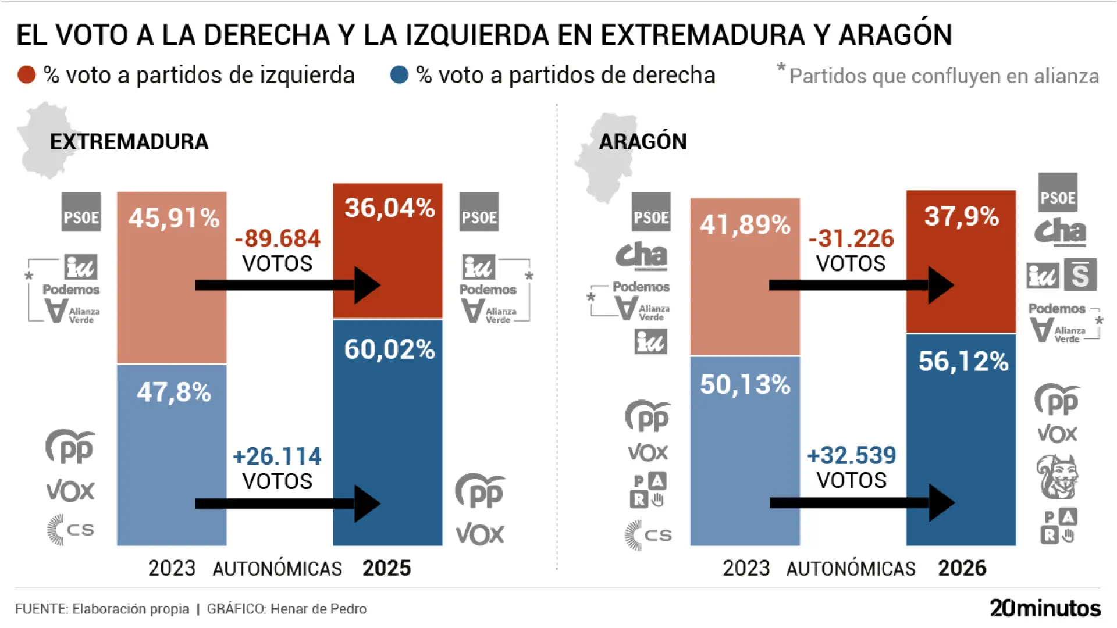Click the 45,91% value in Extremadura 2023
(x=173, y=218)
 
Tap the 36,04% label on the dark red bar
(x=389, y=208)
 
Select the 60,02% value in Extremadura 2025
(x=389, y=349)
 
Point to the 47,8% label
(x=173, y=392)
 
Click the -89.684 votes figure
(x=278, y=238)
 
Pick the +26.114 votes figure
(x=277, y=456)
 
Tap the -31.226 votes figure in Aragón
(x=851, y=238)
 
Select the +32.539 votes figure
(x=852, y=455)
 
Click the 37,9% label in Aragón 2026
(x=962, y=216)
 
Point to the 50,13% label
(x=745, y=384)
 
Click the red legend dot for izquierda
(x=27, y=75)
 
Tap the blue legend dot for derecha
(x=399, y=75)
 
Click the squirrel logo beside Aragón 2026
(x=1057, y=477)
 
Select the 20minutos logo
(x=1045, y=608)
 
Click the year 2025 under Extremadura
(x=386, y=568)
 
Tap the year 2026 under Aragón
(x=962, y=568)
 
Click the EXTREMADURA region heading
(x=129, y=142)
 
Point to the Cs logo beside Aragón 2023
(x=648, y=535)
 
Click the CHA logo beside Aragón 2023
(x=642, y=255)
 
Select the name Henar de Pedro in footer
(x=318, y=609)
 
